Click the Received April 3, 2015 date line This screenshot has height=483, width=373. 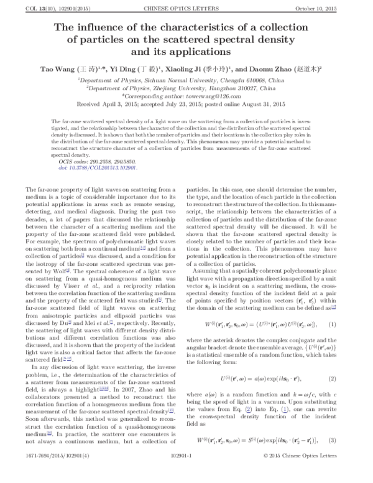point(186,105)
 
